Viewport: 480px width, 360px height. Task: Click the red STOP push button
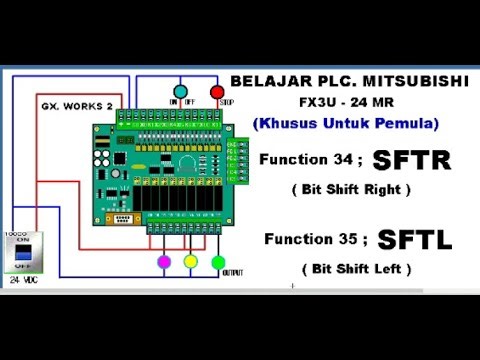coord(217,93)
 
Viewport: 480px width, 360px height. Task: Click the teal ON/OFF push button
coord(181,93)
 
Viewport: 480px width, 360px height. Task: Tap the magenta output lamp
coord(164,263)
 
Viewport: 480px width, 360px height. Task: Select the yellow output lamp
coord(191,263)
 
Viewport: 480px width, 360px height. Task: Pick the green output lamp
coord(218,263)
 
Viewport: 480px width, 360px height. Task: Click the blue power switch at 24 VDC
coord(19,258)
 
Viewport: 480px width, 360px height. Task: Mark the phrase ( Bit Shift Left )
coord(355,269)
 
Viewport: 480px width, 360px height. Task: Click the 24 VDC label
coord(20,281)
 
